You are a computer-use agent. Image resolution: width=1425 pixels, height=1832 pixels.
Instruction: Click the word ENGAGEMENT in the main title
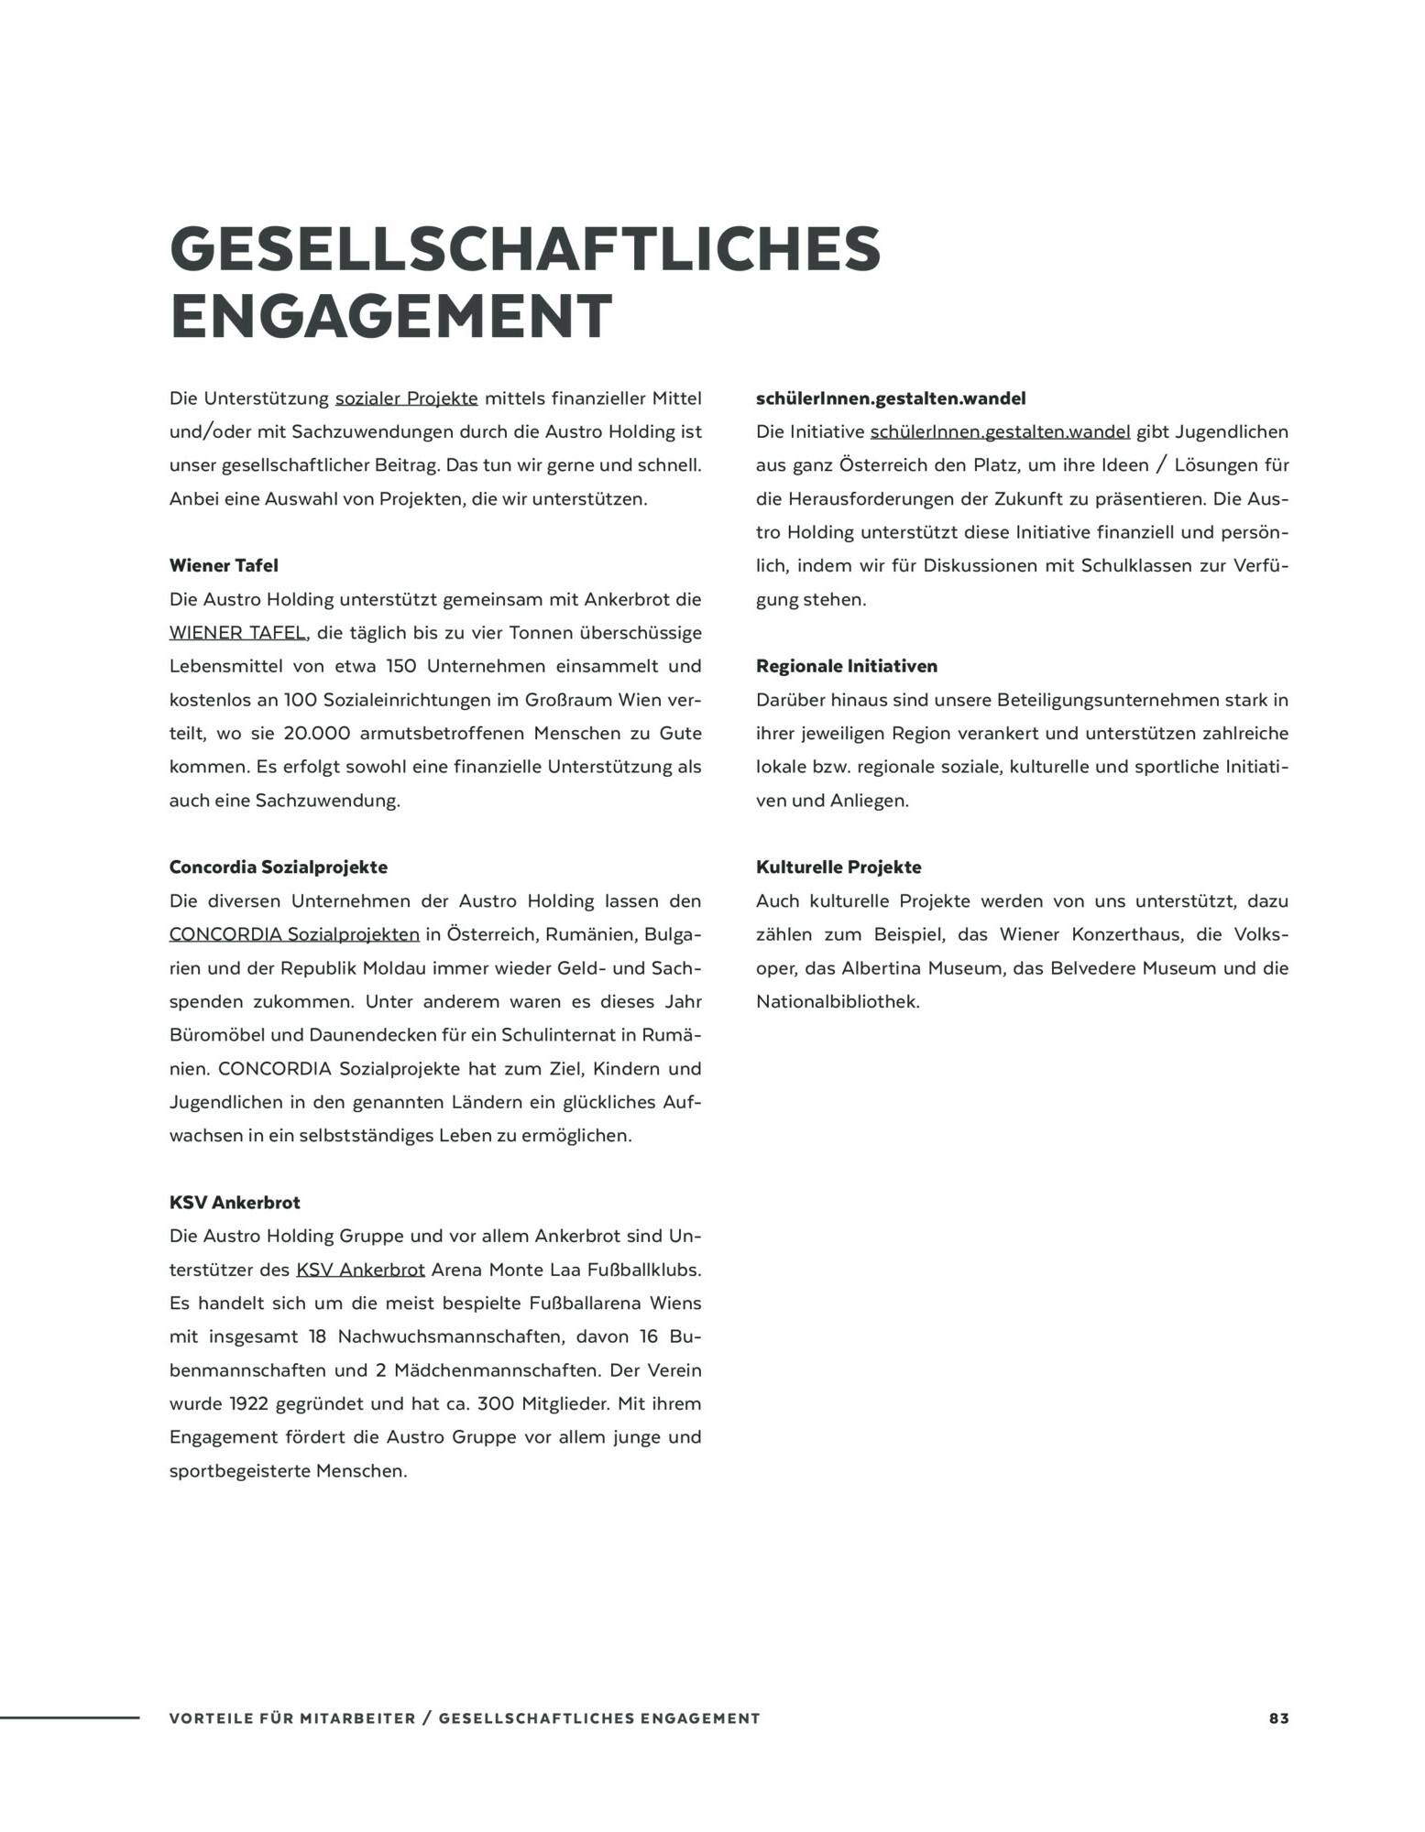391,317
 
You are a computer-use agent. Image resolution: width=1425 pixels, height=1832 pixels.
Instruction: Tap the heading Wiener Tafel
224,566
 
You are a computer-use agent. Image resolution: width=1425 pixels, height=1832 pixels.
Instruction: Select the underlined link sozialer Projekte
406,398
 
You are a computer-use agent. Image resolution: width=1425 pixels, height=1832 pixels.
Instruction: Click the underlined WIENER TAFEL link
237,633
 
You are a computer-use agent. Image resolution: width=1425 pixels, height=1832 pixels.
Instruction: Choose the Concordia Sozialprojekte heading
279,867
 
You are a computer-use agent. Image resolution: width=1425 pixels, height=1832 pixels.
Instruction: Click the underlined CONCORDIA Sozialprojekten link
294,935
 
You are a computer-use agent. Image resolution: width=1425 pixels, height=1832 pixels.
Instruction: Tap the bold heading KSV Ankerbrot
235,1203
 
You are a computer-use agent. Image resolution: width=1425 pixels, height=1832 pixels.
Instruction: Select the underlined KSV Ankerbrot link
360,1270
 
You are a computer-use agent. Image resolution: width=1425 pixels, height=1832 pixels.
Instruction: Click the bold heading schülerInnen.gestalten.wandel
891,398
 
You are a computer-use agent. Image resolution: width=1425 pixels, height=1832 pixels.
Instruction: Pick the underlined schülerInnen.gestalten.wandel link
1000,432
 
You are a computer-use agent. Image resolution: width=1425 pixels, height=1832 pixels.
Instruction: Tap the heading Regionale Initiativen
847,667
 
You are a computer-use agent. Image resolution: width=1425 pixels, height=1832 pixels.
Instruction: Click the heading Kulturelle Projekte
839,867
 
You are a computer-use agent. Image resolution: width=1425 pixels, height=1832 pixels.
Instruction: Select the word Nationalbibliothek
838,1002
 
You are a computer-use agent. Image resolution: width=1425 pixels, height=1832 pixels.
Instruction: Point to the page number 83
1278,1719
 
